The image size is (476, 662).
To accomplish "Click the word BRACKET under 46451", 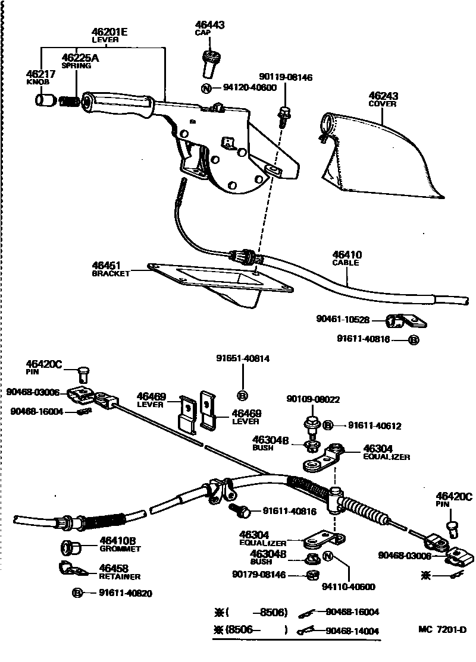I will [x=111, y=274].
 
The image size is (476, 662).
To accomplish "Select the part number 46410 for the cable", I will [x=347, y=254].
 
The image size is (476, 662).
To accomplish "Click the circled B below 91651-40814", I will [x=242, y=395].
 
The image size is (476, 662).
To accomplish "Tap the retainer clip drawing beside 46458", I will [x=73, y=570].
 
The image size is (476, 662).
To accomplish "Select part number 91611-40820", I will [x=117, y=592].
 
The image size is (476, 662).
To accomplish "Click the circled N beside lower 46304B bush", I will [x=327, y=556].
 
